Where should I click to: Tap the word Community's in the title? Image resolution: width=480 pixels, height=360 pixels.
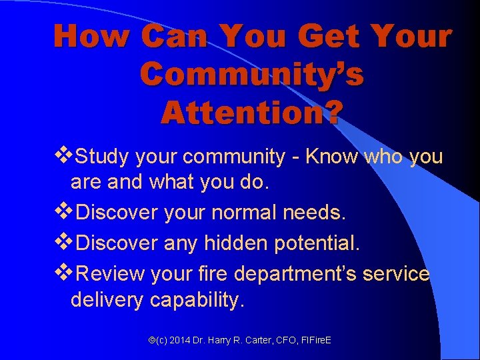click(252, 75)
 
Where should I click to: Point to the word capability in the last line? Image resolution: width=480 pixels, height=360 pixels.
click(197, 301)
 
